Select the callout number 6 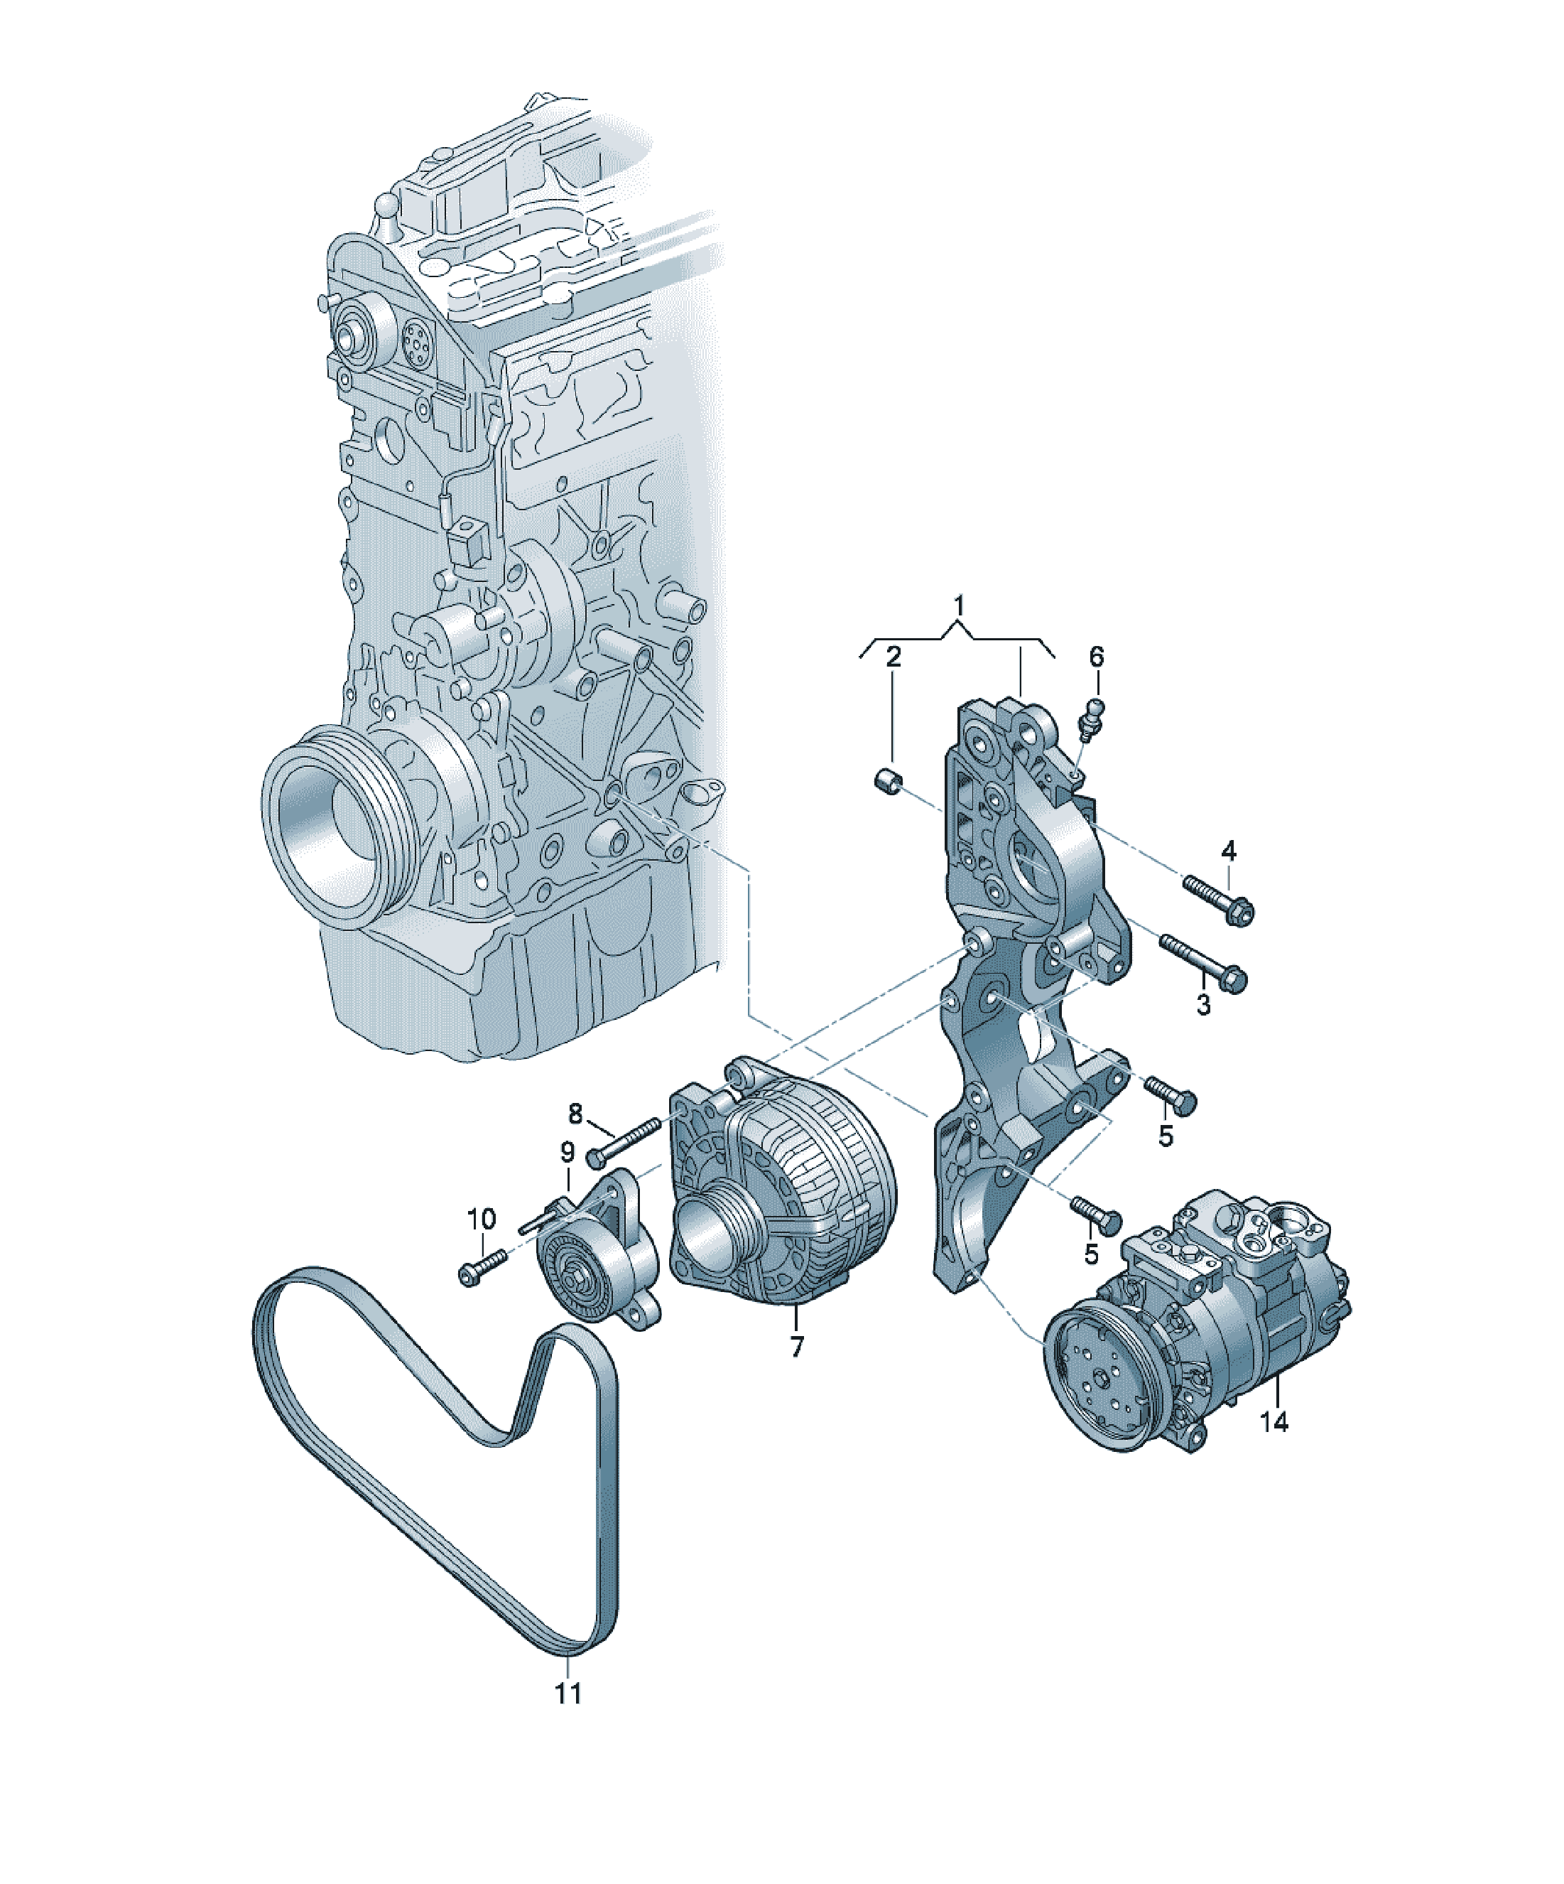pos(1096,657)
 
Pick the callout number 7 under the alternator pos(796,1371)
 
